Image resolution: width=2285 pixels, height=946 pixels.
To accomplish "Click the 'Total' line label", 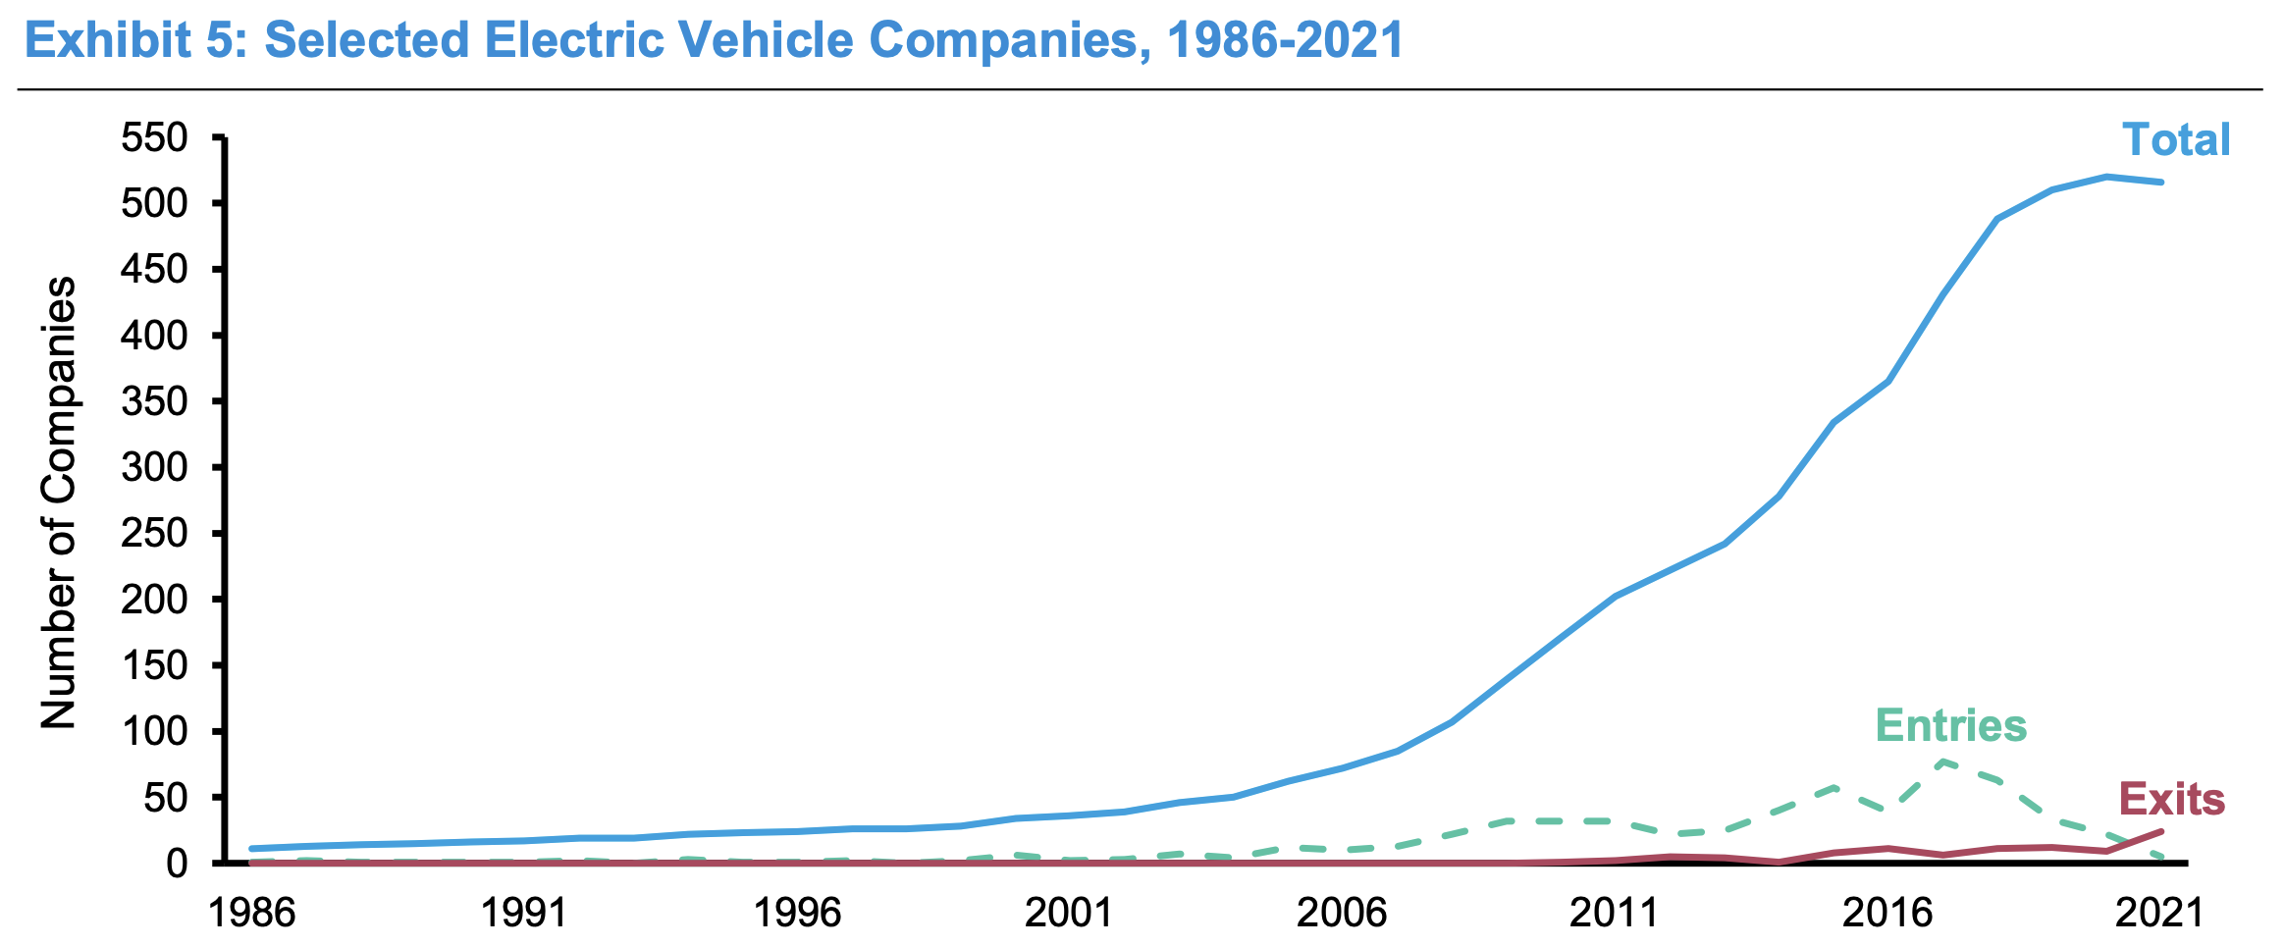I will click(2176, 140).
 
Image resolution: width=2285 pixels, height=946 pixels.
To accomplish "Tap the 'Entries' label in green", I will click(1950, 726).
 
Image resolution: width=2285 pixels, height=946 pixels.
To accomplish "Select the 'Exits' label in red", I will click(2171, 800).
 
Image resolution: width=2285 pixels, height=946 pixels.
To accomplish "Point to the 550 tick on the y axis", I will click(154, 138).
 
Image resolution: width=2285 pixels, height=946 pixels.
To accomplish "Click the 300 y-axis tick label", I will click(154, 467).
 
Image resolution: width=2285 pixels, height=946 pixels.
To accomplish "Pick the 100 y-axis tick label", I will click(154, 732).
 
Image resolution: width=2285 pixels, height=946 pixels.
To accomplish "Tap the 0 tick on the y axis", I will click(177, 864).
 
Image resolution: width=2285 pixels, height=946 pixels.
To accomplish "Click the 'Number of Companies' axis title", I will click(59, 502).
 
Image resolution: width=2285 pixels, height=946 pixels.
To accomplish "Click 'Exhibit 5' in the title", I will click(122, 41).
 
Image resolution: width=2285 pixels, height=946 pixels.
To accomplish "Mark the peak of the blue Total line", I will click(2106, 177).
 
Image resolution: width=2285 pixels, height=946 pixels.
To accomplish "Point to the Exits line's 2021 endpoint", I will click(2160, 831).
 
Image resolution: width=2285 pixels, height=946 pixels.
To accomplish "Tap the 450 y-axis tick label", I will click(154, 270).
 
